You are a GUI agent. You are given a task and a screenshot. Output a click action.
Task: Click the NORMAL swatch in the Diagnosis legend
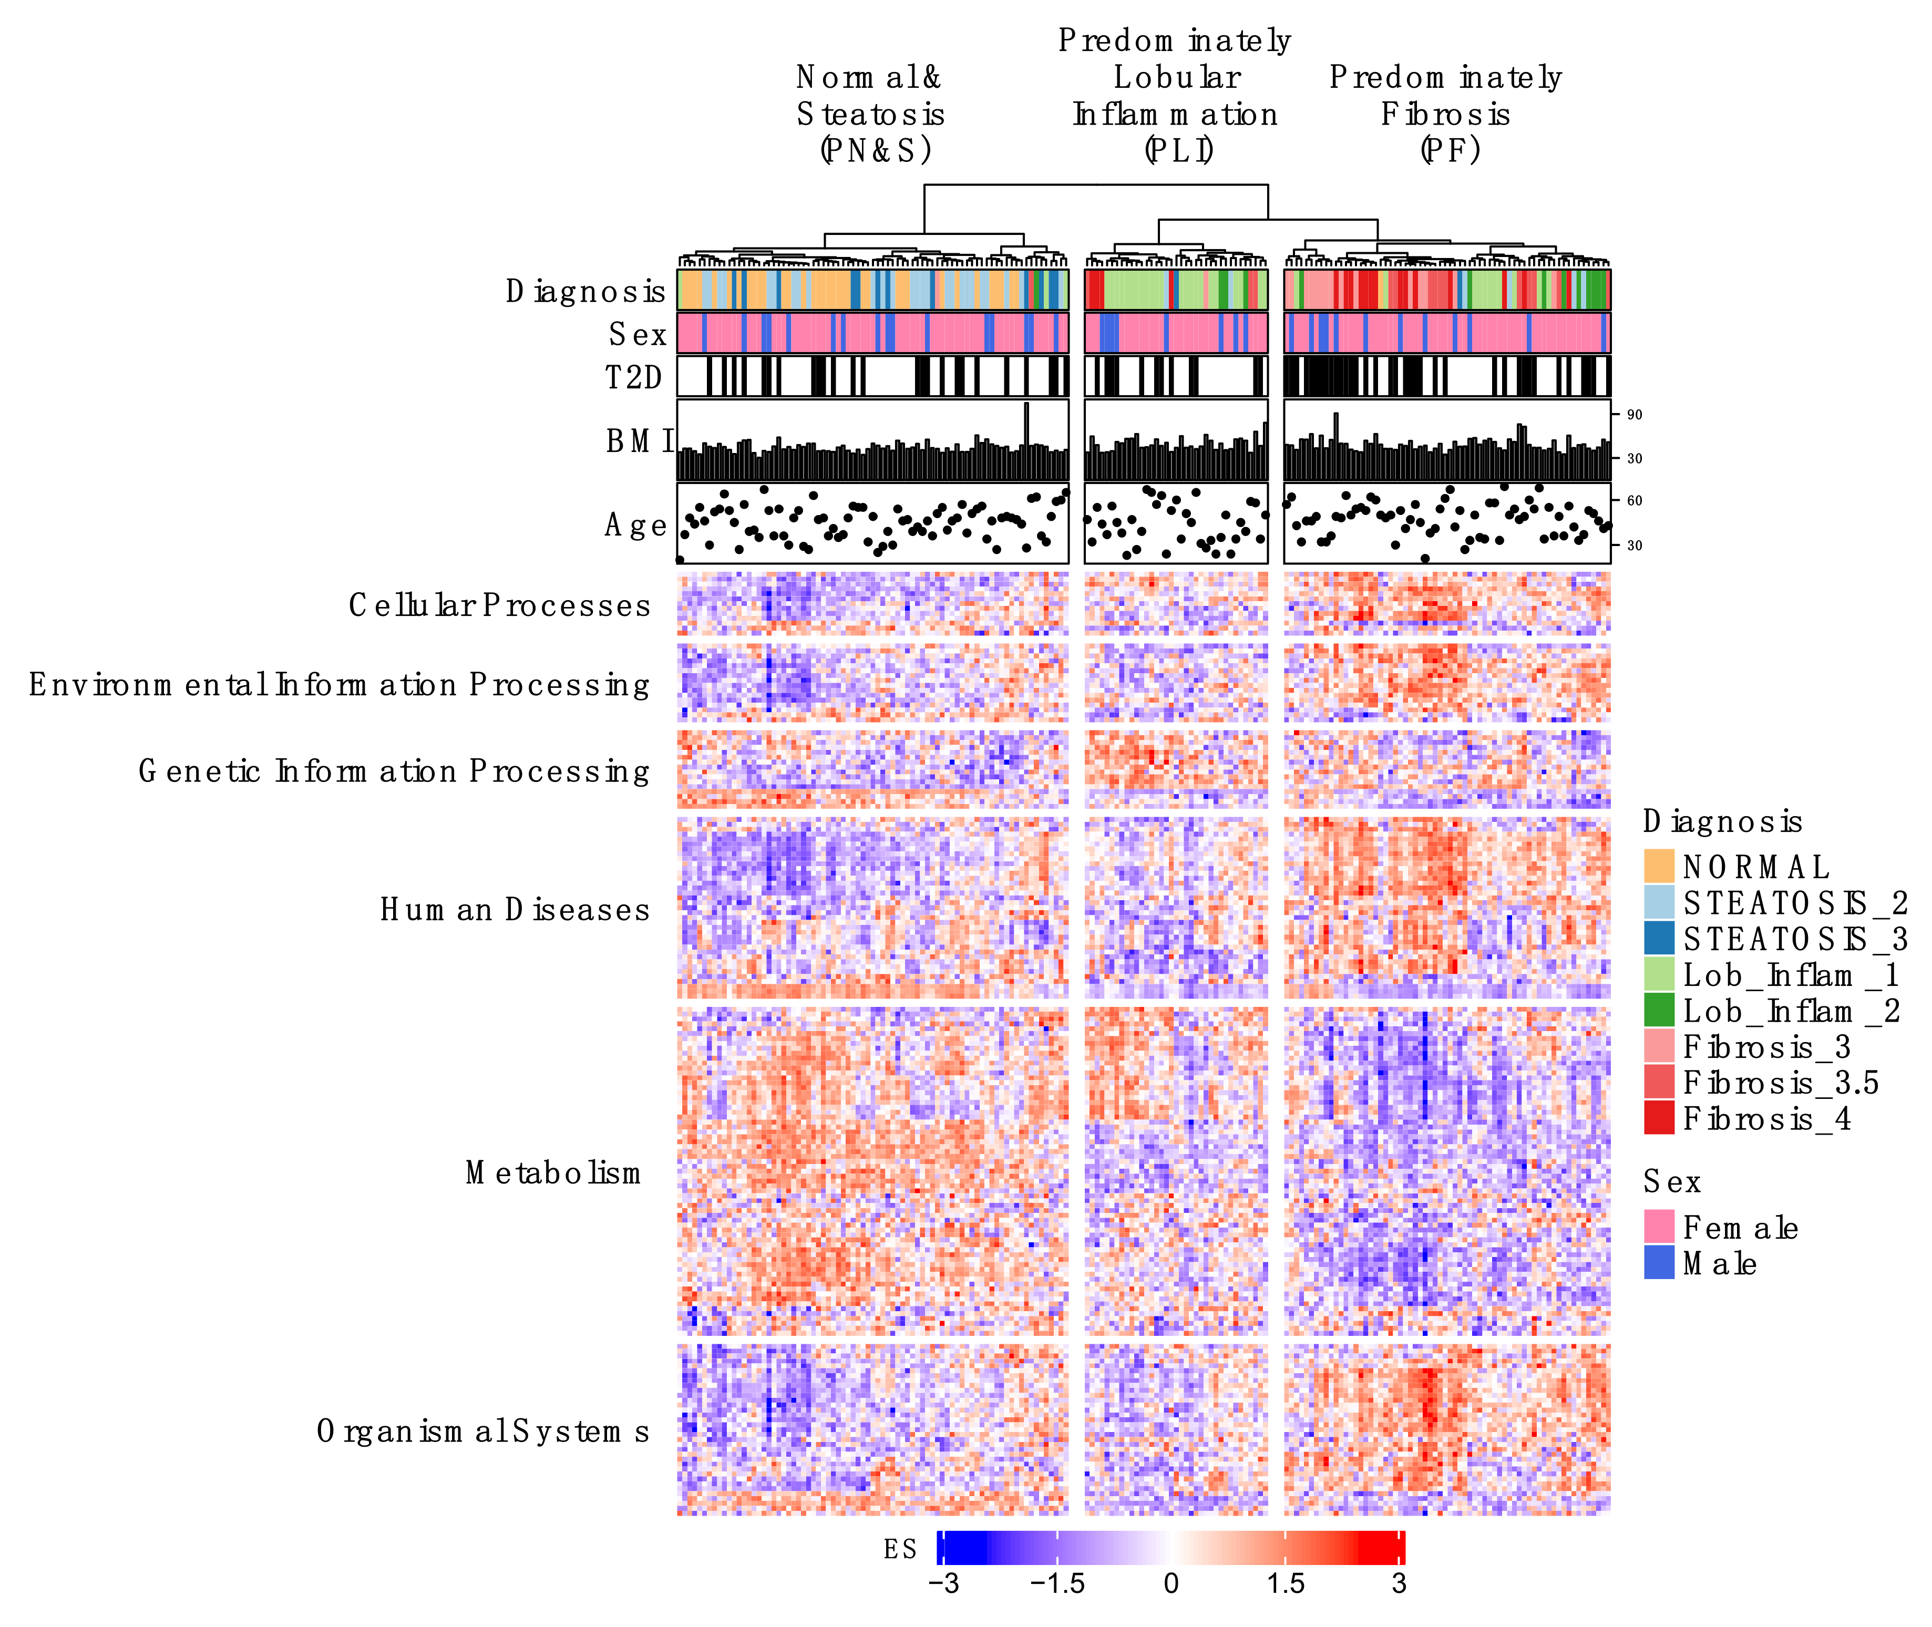click(x=1658, y=866)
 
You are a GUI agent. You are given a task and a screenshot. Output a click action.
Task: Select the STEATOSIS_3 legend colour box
click(x=1658, y=938)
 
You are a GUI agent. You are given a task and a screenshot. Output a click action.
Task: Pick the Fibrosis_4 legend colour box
click(x=1658, y=1118)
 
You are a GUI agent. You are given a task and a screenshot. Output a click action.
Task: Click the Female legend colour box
click(x=1658, y=1227)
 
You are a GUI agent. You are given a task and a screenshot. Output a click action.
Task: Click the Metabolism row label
click(x=553, y=1173)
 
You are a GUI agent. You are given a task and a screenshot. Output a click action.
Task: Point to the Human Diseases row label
click(x=515, y=910)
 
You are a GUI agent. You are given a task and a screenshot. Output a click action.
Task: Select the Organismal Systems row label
click(x=482, y=1432)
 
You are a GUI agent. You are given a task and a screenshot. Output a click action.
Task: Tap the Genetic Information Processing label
click(x=394, y=771)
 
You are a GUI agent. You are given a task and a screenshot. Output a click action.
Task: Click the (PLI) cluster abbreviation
click(x=1178, y=149)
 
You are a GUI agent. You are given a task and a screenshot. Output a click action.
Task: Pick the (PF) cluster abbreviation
click(x=1450, y=149)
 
